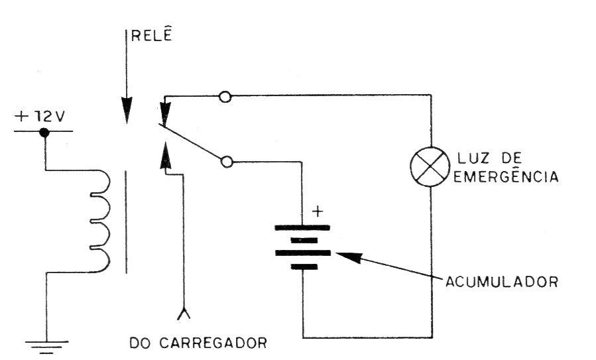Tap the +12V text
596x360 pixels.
(x=40, y=116)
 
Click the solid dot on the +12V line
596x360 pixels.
(x=44, y=133)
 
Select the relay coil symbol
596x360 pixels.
(x=99, y=221)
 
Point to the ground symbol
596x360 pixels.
(x=47, y=347)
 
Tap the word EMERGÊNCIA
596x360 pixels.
(x=506, y=176)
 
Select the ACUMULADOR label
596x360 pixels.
(x=502, y=282)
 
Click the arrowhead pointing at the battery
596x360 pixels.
(x=347, y=257)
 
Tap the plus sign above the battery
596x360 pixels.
(x=318, y=211)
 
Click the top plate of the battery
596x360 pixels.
(x=302, y=228)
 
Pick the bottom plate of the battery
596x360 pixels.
(x=304, y=267)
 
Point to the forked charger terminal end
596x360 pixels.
(x=184, y=314)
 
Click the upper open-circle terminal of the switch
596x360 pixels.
(x=225, y=97)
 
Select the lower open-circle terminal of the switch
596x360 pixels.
(x=227, y=162)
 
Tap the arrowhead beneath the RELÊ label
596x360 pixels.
(x=127, y=110)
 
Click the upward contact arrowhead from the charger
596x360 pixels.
(x=165, y=155)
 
